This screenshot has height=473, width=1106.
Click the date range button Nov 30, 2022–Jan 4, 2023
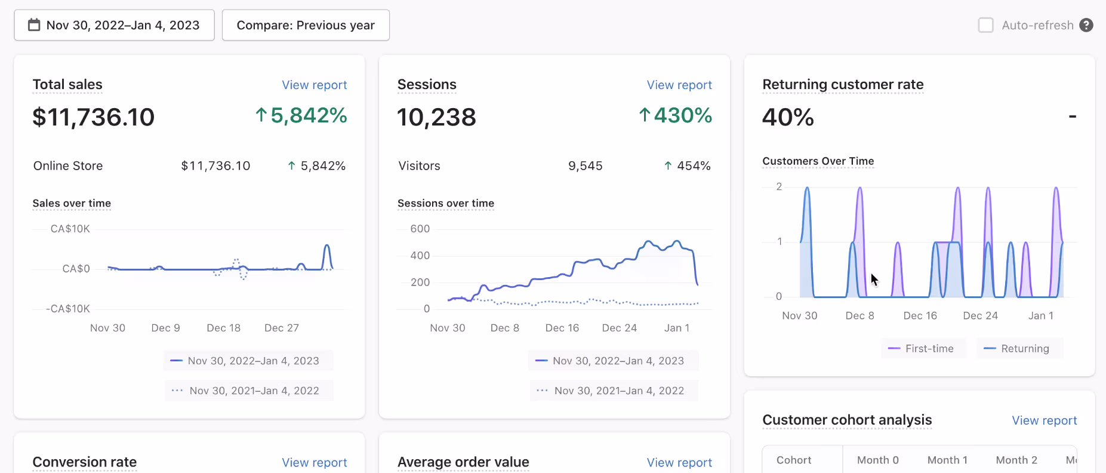click(114, 25)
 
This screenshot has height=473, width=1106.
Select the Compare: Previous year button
click(306, 25)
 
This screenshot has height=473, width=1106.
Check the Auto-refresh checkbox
click(985, 25)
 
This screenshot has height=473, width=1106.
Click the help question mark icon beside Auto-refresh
click(1086, 25)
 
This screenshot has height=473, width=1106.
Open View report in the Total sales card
click(314, 85)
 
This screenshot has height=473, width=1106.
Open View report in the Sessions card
click(679, 85)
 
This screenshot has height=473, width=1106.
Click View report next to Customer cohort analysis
click(1044, 420)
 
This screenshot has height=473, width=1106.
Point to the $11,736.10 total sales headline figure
click(94, 117)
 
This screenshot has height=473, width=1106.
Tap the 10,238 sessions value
click(436, 117)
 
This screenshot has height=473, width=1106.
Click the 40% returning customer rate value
click(788, 117)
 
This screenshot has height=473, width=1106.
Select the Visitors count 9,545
click(585, 166)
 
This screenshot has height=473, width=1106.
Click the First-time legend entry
click(923, 349)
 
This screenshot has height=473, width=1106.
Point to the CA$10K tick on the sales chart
click(70, 229)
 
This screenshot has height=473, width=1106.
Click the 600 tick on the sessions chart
click(420, 229)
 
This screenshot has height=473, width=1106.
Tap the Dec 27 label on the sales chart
click(281, 328)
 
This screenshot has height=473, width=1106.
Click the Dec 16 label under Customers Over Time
click(920, 315)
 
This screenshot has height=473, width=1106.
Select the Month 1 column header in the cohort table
click(947, 460)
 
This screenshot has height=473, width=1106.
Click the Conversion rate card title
click(85, 462)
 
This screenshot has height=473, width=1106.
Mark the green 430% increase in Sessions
click(676, 115)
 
